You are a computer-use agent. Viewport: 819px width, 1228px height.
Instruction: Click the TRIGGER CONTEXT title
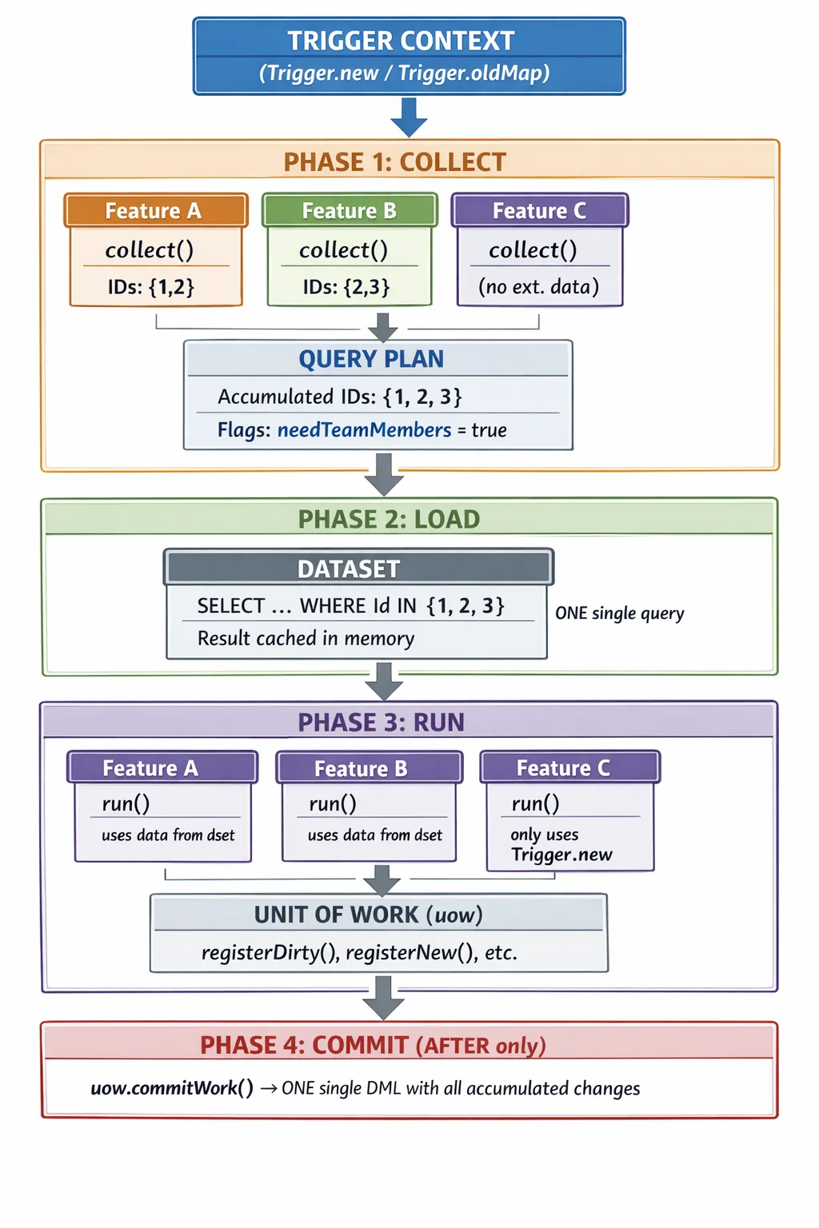(x=401, y=41)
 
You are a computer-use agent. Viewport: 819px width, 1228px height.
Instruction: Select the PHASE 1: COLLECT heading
(x=394, y=162)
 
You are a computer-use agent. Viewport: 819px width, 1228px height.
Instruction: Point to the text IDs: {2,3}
(x=346, y=287)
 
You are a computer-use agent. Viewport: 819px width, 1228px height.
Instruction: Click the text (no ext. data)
(x=538, y=287)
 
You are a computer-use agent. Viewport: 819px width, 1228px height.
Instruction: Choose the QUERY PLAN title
(x=371, y=359)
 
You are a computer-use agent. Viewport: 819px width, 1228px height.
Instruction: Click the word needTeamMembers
(x=364, y=430)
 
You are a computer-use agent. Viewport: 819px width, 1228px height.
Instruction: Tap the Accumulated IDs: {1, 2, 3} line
(x=339, y=397)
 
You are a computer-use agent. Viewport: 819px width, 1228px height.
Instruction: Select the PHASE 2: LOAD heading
(x=389, y=520)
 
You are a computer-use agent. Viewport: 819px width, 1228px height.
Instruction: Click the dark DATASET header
(x=349, y=568)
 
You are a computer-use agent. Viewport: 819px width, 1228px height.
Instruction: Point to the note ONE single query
(x=620, y=613)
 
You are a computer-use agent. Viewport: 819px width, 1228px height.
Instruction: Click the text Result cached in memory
(x=306, y=639)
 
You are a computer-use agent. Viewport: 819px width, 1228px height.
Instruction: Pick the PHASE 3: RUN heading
(x=381, y=723)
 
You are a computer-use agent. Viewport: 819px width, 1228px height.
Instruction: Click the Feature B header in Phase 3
(x=361, y=768)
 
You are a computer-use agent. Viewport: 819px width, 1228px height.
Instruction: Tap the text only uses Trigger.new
(x=561, y=845)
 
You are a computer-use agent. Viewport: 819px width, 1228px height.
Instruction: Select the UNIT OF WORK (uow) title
(x=368, y=915)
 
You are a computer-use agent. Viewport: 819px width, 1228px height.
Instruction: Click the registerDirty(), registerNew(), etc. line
(x=359, y=953)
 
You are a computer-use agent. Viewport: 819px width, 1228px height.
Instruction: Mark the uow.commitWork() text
(x=172, y=1088)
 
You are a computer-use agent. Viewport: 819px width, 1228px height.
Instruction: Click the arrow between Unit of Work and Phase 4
(x=384, y=998)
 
